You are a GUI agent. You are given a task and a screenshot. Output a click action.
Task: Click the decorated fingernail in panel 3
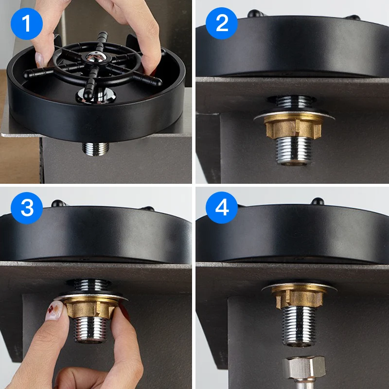(55, 310)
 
